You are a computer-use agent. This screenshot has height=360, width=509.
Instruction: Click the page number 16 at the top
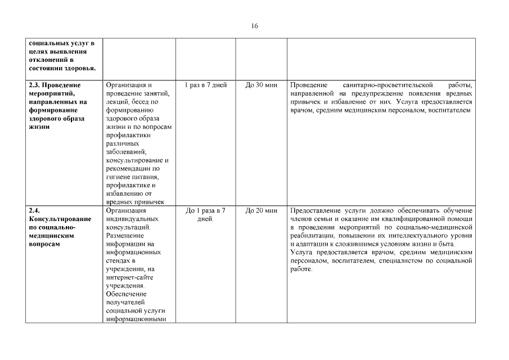pyautogui.click(x=255, y=26)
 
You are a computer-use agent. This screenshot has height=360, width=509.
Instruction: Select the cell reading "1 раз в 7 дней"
pyautogui.click(x=205, y=85)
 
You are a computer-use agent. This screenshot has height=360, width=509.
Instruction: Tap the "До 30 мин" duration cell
pyautogui.click(x=262, y=85)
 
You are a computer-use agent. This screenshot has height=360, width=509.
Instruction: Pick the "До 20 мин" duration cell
pyautogui.click(x=262, y=211)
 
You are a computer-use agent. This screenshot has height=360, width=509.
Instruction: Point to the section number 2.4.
pyautogui.click(x=34, y=211)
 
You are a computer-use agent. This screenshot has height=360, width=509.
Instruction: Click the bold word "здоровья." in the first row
pyautogui.click(x=79, y=68)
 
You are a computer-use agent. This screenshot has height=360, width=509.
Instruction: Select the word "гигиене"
pyautogui.click(x=118, y=177)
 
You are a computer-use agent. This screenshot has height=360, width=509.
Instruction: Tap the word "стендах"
pyautogui.click(x=119, y=261)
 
